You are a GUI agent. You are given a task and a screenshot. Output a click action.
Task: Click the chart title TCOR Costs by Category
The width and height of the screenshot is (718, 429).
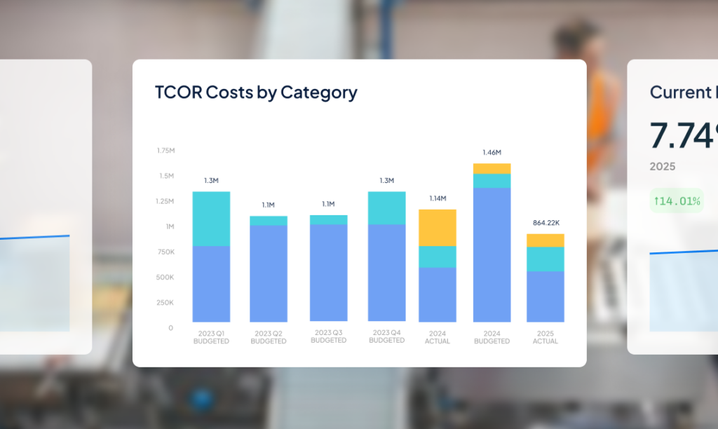click(x=256, y=93)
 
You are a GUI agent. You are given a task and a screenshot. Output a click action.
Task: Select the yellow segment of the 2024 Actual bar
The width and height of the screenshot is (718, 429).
click(x=438, y=227)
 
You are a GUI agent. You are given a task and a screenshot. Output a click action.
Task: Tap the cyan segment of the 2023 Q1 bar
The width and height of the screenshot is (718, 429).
click(x=211, y=219)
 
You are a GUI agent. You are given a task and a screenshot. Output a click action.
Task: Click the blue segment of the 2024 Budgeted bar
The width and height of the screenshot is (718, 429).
click(x=492, y=254)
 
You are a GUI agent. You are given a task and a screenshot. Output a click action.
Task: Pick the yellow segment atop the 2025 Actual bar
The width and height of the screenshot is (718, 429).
click(x=546, y=240)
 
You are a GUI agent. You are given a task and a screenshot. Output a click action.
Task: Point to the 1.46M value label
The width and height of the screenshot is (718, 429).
click(x=492, y=152)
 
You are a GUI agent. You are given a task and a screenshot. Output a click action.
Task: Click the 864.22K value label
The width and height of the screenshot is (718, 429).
click(x=546, y=223)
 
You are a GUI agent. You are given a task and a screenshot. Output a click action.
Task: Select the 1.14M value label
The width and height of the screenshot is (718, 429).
click(x=438, y=198)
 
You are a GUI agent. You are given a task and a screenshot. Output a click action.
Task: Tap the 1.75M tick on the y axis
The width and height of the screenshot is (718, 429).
click(x=165, y=151)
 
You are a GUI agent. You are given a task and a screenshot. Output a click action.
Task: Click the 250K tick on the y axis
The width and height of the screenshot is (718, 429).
click(x=165, y=303)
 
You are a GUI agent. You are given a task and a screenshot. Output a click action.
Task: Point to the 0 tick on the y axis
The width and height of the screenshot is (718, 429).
click(x=170, y=328)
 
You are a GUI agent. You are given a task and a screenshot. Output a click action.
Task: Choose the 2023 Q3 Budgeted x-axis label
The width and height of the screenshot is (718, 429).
click(x=328, y=336)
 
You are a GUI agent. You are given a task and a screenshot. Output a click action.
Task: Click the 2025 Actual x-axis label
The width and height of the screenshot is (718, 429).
click(x=546, y=337)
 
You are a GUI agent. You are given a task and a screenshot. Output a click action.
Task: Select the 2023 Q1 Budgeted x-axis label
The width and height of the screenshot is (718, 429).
click(x=211, y=337)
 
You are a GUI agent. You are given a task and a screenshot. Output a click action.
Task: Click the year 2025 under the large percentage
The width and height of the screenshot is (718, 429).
click(x=663, y=167)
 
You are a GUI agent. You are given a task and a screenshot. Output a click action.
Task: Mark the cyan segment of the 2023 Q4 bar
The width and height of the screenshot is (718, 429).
click(x=386, y=208)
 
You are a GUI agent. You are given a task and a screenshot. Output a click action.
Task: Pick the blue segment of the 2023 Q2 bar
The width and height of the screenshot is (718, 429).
click(x=269, y=273)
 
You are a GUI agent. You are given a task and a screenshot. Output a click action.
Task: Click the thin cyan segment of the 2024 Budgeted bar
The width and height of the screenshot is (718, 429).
click(x=492, y=181)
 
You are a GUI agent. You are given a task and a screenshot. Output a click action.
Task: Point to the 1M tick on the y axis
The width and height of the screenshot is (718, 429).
click(x=169, y=226)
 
